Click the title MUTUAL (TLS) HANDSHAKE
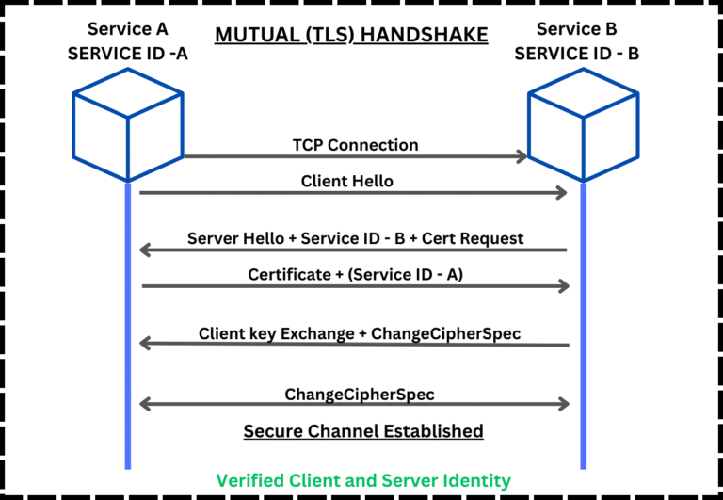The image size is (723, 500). click(351, 36)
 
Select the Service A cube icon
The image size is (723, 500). click(127, 122)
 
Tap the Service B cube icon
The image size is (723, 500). click(583, 122)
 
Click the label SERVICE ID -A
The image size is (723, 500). click(128, 55)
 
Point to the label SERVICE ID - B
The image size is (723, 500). click(577, 55)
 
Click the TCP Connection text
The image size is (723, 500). click(354, 145)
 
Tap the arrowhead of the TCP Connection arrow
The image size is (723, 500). click(521, 156)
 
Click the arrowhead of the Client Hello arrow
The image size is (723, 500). click(563, 193)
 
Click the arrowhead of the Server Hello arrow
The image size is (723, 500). click(144, 250)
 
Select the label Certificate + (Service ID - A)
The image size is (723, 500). click(354, 274)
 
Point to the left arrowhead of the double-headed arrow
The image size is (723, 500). click(144, 404)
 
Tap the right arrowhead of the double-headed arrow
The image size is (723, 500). click(564, 404)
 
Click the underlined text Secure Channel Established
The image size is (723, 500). click(363, 431)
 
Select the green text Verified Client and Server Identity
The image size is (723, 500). click(363, 480)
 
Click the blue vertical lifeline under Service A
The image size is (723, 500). click(127, 377)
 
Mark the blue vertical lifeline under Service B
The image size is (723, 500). click(583, 377)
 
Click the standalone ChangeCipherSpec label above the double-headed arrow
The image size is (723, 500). click(360, 393)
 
